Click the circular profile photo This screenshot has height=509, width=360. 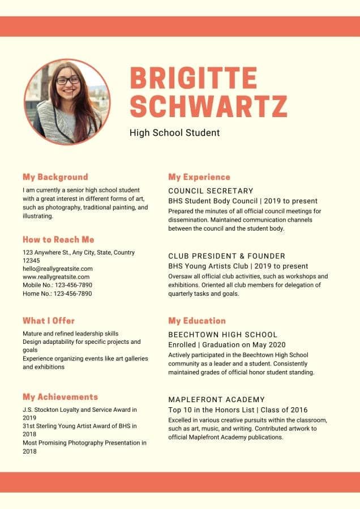pos(67,102)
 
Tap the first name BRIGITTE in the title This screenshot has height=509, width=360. pos(193,78)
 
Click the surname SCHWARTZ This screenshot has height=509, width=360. pos(208,106)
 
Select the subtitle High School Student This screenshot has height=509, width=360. pos(174,133)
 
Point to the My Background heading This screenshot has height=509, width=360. pos(55,177)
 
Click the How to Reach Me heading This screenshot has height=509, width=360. pos(58,240)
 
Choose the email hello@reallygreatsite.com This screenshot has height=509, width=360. pos(58,269)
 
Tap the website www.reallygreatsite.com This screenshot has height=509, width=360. pos(56,277)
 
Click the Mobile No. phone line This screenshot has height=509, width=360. pos(57,285)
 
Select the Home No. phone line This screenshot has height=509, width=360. pos(57,294)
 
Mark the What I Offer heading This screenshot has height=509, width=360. pos(49,321)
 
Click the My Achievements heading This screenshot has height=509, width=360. pos(60,397)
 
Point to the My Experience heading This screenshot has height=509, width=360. pos(199,177)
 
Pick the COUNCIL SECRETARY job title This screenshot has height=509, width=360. pos(211,191)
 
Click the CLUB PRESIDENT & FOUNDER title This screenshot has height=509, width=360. pos(226,256)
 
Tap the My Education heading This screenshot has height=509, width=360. pos(197,321)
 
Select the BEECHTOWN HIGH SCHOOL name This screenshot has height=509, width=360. pos(223,335)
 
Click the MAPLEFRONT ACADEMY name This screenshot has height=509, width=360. pos(216,400)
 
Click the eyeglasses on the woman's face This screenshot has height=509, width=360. pos(68,80)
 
